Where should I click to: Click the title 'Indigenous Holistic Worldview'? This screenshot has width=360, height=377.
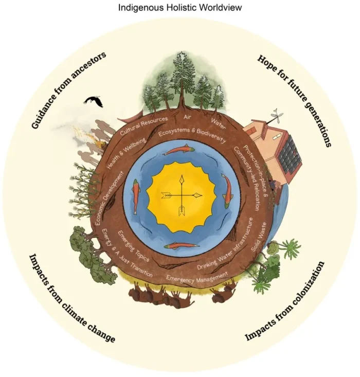pyautogui.click(x=180, y=8)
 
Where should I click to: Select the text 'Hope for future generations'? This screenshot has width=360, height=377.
pyautogui.click(x=294, y=100)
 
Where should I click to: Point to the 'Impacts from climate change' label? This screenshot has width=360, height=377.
pyautogui.click(x=71, y=298)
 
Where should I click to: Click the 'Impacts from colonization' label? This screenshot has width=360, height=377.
pyautogui.click(x=285, y=301)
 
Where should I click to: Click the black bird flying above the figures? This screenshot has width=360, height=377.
pyautogui.click(x=94, y=101)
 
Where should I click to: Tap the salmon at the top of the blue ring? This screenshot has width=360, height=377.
pyautogui.click(x=181, y=150)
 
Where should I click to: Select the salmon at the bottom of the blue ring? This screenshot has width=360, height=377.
pyautogui.click(x=182, y=245)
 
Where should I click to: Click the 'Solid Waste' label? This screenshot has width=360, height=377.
pyautogui.click(x=260, y=239)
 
